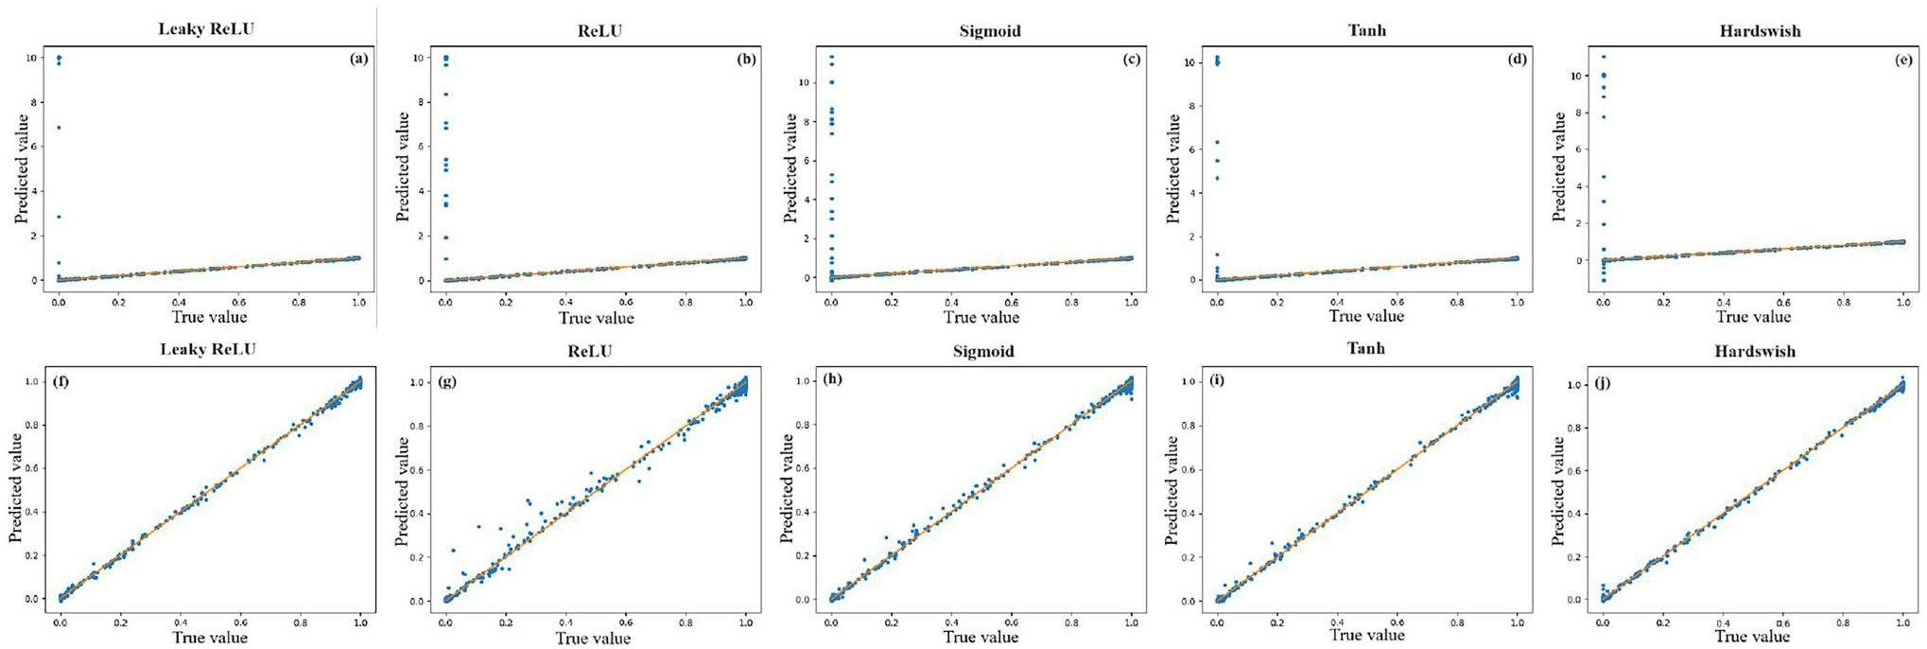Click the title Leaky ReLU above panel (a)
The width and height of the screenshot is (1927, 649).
coord(206,28)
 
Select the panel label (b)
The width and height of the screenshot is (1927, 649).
coord(746,59)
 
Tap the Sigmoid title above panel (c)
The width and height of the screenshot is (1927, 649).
coord(989,31)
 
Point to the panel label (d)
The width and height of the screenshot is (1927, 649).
coord(1517,59)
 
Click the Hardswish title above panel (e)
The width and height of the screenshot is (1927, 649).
coord(1760,31)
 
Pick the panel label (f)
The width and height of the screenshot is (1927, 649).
coord(61,382)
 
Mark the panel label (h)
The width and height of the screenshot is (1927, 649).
coord(832,379)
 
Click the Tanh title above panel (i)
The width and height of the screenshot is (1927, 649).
coord(1365,349)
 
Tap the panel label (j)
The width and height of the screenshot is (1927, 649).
coord(1603,383)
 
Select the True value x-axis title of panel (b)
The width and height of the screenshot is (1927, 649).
coord(596,318)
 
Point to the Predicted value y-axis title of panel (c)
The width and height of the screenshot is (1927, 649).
coord(791,167)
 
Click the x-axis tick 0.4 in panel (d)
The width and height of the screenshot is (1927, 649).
coord(1337,302)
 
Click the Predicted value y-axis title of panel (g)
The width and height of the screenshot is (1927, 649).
coord(402,490)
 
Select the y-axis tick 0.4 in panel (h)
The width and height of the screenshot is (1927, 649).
coord(813,512)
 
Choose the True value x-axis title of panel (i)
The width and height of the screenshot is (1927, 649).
coord(1367,635)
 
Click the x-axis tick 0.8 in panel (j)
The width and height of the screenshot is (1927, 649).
coord(1843,623)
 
